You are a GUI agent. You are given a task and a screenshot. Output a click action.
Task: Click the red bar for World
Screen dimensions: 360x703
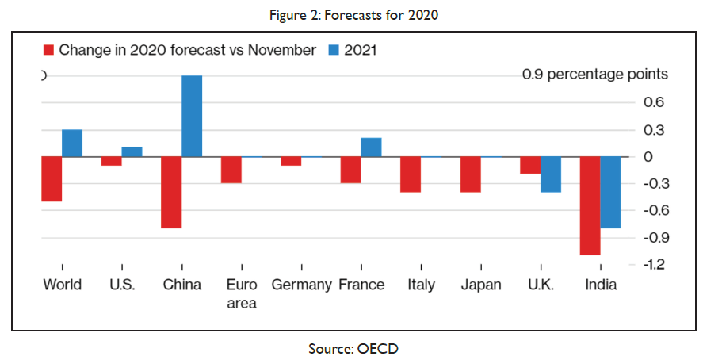(52, 179)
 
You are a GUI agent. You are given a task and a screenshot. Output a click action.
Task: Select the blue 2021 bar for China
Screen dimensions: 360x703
(192, 116)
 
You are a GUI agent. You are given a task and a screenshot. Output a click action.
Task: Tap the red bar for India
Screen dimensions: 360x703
(590, 205)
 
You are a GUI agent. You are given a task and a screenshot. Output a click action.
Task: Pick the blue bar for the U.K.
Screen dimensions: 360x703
(550, 174)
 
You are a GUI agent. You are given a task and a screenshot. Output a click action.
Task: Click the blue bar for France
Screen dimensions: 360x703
(371, 147)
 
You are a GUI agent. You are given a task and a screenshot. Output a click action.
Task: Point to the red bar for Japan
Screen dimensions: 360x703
(470, 174)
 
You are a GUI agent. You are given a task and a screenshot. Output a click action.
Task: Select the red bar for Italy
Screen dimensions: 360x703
(410, 174)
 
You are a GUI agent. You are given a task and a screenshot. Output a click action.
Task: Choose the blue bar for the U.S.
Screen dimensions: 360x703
(132, 152)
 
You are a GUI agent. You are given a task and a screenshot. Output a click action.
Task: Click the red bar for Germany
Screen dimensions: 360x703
(291, 161)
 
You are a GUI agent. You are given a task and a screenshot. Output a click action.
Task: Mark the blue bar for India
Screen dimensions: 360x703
(610, 192)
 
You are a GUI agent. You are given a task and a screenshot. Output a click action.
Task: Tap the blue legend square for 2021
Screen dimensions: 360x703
(334, 50)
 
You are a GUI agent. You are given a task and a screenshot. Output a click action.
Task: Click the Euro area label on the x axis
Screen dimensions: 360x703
(241, 293)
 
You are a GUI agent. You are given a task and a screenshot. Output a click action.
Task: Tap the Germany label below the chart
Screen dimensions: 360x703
(301, 285)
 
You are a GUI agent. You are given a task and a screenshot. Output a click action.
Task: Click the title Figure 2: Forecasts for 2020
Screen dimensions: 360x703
(351, 16)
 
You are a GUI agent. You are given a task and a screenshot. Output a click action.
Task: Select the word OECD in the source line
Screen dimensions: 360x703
(371, 347)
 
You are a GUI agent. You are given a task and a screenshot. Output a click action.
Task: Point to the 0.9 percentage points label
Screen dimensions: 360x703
(594, 75)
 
